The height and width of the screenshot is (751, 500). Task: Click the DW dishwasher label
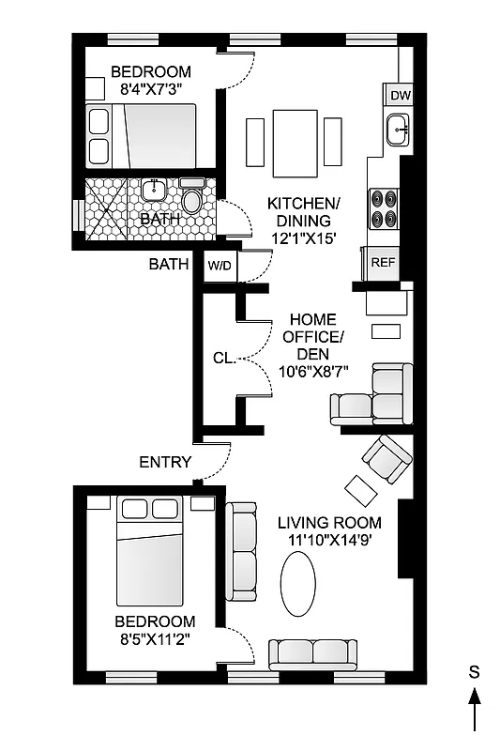click(399, 95)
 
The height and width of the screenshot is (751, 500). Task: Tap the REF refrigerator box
click(383, 263)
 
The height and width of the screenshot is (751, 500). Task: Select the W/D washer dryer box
click(220, 267)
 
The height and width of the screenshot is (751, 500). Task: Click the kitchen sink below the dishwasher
click(398, 130)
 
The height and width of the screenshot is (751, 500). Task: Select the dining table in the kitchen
click(295, 142)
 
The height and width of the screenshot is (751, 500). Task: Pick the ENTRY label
click(165, 462)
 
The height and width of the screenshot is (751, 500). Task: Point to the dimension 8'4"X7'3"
click(150, 88)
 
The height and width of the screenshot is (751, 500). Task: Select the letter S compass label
click(475, 671)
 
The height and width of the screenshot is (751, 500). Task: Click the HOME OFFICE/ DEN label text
click(312, 336)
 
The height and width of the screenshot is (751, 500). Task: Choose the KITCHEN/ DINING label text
click(303, 212)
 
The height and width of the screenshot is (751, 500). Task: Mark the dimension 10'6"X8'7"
click(313, 370)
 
